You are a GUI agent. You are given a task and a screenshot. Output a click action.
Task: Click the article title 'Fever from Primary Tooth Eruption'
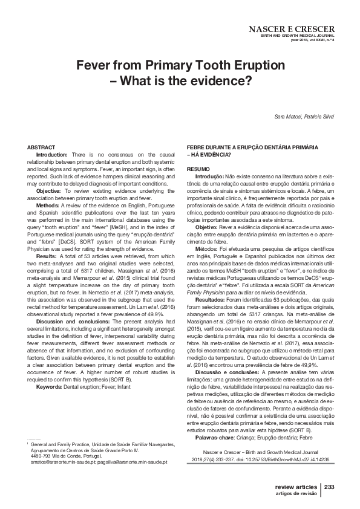point(180,65)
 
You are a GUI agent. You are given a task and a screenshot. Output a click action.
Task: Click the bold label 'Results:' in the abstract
point(49,257)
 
